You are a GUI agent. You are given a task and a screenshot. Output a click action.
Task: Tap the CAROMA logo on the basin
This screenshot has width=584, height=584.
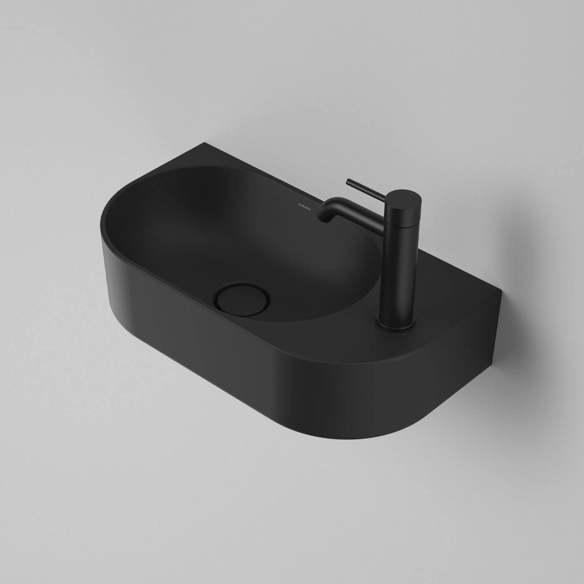(x=306, y=204)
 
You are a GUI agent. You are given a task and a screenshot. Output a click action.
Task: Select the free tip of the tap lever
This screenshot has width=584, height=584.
(x=349, y=181)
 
